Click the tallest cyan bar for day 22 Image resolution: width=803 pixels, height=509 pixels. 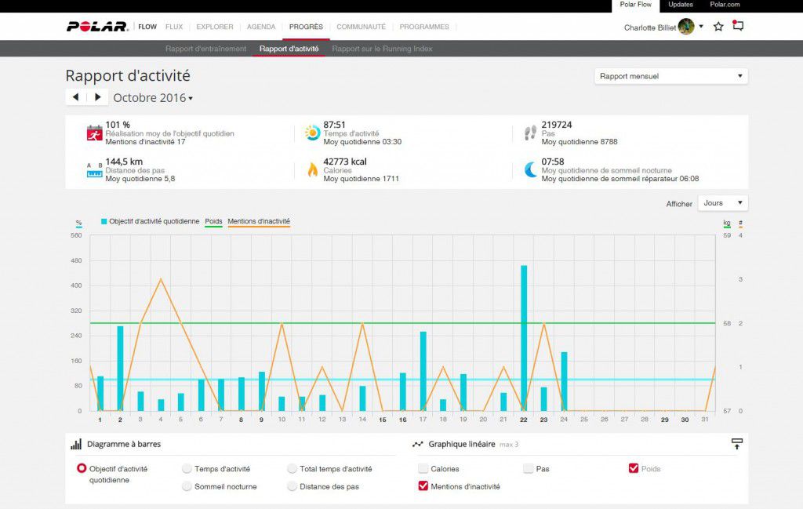pos(524,337)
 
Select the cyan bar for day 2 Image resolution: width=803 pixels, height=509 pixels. pos(120,368)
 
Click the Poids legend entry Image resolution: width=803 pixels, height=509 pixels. pos(213,221)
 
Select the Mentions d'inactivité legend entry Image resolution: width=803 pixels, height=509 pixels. pos(259,221)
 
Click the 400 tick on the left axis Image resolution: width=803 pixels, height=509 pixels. pos(77,285)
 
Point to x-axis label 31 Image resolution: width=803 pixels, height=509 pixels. pos(704,420)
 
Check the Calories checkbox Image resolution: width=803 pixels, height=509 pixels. pos(423,469)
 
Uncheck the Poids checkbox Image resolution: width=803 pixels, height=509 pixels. pos(634,469)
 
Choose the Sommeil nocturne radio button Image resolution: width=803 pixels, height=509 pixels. pos(187,486)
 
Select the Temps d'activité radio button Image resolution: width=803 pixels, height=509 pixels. pos(187,469)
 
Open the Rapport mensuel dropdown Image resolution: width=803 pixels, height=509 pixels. pos(670,76)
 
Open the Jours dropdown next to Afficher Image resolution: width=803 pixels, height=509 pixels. pos(722,203)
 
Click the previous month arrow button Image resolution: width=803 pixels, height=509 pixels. pos(75,97)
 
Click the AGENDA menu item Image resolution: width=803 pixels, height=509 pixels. pos(261,27)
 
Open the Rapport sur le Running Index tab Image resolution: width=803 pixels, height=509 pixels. pos(382,49)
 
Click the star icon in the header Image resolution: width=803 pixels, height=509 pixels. pos(718,27)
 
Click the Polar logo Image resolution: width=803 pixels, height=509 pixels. pos(97,27)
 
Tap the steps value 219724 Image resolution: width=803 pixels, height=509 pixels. pos(557,125)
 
